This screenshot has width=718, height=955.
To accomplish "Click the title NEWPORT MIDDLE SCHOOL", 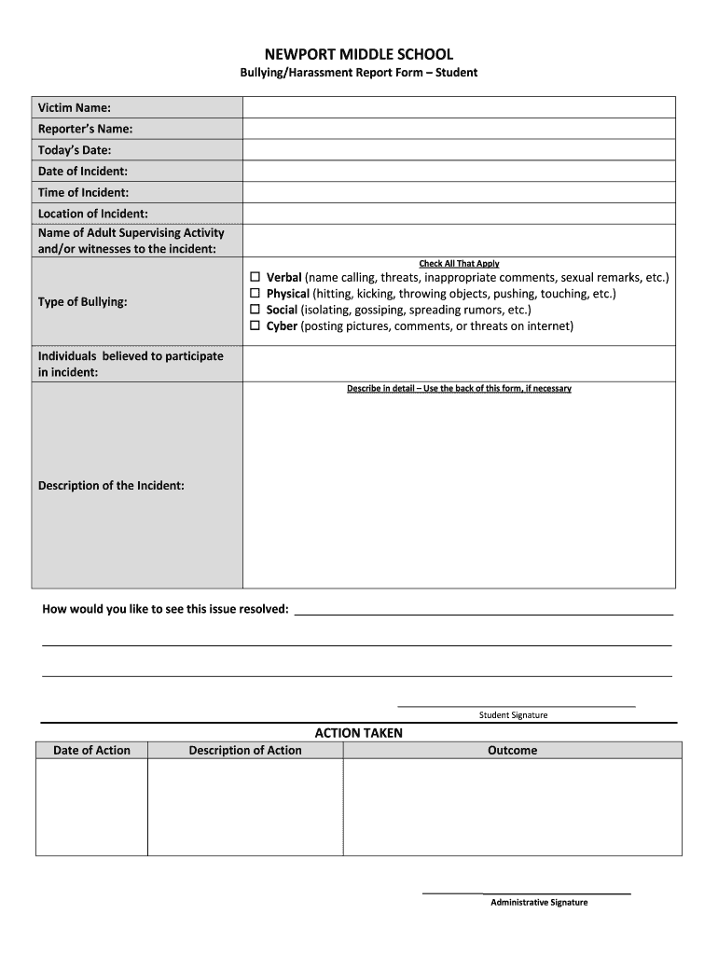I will coord(358,55).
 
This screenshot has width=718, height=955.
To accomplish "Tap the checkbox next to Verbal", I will coord(255,278).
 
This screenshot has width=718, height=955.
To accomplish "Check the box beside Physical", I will coord(255,294).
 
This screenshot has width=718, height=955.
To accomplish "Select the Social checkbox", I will coord(255,310).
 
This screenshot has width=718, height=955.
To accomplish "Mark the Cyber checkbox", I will coord(255,325).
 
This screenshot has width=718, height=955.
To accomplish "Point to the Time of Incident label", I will coord(83,193).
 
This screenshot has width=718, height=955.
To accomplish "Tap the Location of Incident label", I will coord(92,215).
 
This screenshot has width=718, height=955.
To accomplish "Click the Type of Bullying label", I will coord(83,302).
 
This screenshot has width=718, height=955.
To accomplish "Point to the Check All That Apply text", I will coord(459,264).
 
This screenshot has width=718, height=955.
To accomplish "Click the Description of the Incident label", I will coord(111,486).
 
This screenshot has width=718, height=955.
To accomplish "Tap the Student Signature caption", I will coord(513,715).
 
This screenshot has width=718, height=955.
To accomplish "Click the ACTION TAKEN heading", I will coord(359,733).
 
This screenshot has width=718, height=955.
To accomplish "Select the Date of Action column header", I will coord(91,751).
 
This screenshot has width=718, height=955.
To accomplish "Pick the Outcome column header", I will coord(512,751).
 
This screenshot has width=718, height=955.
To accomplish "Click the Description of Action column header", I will coord(245,751).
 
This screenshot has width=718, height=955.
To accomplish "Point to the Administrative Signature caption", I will coord(539,903).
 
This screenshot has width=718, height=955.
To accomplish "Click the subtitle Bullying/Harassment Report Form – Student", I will coord(358,73).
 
